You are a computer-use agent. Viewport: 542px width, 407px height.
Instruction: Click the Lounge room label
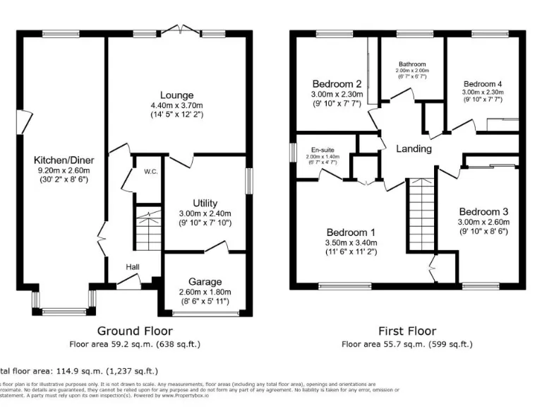(x=176, y=95)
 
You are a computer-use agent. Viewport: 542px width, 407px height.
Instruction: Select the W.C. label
(x=150, y=172)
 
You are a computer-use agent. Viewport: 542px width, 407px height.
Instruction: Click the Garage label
(x=205, y=281)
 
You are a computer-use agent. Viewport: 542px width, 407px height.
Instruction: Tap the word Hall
(x=132, y=267)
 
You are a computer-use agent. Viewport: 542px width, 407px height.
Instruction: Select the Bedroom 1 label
(x=351, y=232)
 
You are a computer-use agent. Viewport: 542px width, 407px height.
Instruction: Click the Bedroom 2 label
(x=336, y=83)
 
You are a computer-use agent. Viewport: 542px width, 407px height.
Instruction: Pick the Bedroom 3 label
(x=483, y=211)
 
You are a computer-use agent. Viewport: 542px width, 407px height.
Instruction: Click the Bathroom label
(x=411, y=64)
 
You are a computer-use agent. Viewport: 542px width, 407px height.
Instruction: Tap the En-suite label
(x=322, y=150)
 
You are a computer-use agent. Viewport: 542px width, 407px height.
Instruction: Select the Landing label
(x=414, y=148)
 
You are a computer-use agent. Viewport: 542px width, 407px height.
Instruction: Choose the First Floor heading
(x=406, y=331)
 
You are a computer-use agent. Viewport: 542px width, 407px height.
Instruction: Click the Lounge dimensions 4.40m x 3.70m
(x=176, y=105)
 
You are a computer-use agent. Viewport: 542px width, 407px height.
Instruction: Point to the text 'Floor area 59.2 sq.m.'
(x=113, y=345)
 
